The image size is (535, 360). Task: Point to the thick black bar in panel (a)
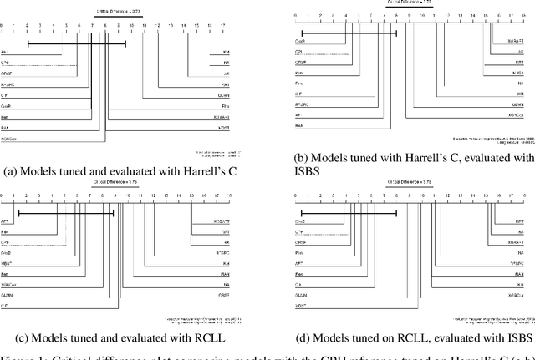[x=76, y=43]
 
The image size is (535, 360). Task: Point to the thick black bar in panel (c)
[x=65, y=214]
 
